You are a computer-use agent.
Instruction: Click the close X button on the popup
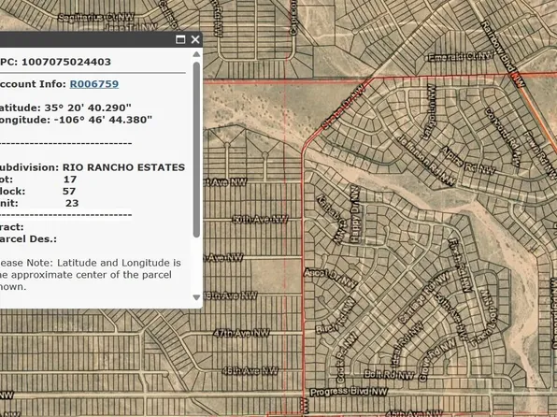[195, 39]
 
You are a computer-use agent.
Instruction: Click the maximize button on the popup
[180, 39]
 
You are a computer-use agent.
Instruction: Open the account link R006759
[93, 83]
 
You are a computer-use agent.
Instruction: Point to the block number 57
[69, 190]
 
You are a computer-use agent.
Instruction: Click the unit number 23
[72, 202]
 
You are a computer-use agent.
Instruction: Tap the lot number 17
[70, 179]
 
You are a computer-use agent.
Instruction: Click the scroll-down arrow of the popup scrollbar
[196, 297]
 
